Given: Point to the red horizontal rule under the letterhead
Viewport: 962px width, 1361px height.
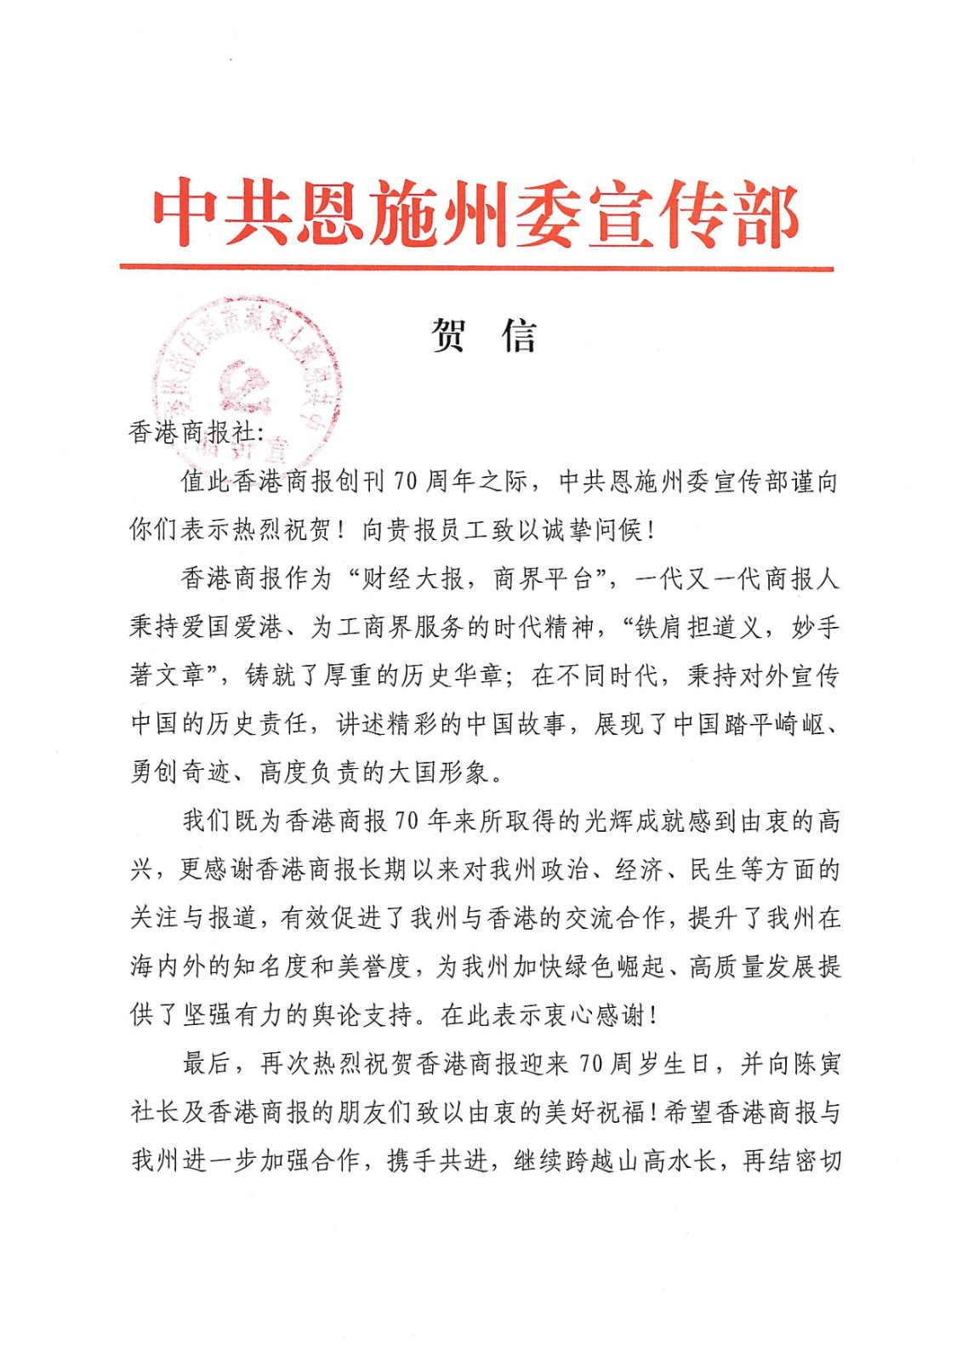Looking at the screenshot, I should pyautogui.click(x=476, y=267).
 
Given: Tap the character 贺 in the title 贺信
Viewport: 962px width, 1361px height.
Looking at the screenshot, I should pyautogui.click(x=448, y=335).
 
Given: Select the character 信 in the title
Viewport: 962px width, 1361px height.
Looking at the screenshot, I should pyautogui.click(x=520, y=335).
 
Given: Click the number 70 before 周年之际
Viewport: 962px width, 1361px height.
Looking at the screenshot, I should pyautogui.click(x=405, y=481).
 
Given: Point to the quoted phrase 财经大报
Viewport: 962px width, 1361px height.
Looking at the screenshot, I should pyautogui.click(x=413, y=578).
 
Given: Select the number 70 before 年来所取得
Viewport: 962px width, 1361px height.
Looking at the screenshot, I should pyautogui.click(x=407, y=821).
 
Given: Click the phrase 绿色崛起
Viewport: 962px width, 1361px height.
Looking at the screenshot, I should pyautogui.click(x=613, y=966).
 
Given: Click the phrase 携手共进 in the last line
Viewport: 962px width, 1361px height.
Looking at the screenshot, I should pyautogui.click(x=438, y=1160).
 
